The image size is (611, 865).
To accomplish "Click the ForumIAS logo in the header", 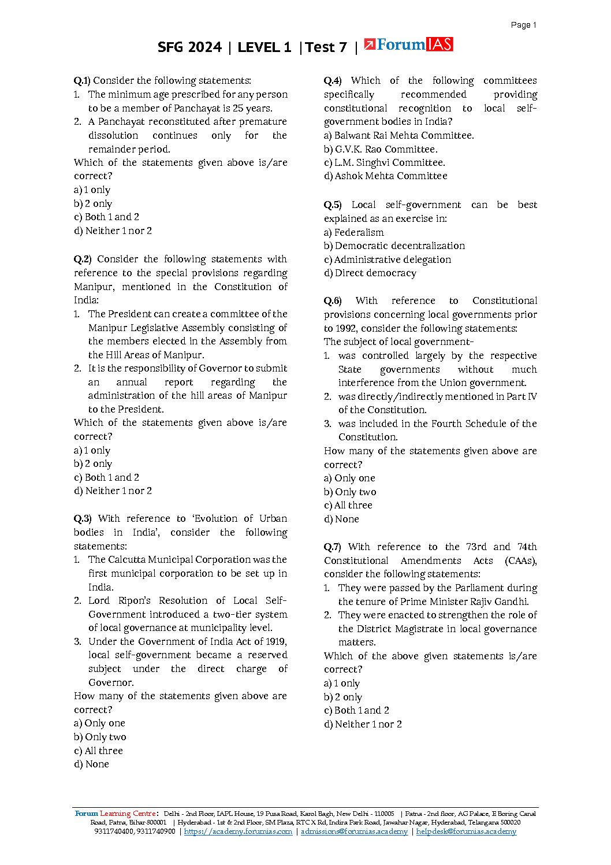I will pos(408,44).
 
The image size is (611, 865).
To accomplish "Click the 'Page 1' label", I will pos(523,25).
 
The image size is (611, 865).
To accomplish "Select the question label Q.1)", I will pos(82,81).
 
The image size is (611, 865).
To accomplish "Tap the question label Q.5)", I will pos(332,205).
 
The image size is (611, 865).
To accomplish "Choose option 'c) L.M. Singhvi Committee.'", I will pos(384,163).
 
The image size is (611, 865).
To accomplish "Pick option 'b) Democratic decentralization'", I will pos(394,246).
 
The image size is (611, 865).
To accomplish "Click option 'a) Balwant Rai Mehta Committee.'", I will pos(398,136).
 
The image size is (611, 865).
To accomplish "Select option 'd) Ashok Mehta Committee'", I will pos(385,176).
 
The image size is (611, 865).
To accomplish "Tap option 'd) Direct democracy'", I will pos(370,273).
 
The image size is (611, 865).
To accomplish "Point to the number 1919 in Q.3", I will pos(275,642).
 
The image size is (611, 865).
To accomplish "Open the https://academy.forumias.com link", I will pos(238,831).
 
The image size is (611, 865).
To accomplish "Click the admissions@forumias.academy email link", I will pos(354,831).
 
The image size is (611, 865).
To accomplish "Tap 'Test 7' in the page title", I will pos(326,47).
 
